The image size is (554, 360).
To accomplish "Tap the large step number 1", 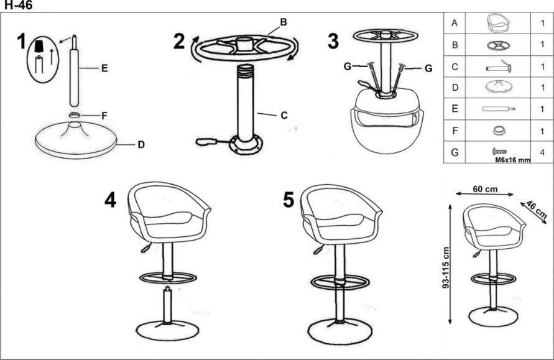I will (22, 43).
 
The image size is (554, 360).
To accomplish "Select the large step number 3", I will (333, 41).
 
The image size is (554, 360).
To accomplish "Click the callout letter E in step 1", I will (104, 68).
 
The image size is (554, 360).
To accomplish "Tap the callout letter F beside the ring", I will (104, 116).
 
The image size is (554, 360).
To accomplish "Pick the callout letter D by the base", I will (141, 144).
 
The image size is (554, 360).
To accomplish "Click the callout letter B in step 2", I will (283, 22).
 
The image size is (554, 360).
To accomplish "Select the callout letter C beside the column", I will (284, 115).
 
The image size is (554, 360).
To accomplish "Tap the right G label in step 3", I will (428, 68).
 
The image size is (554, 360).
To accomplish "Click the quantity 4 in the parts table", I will (542, 152).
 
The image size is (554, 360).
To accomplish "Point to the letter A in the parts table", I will (455, 24).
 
